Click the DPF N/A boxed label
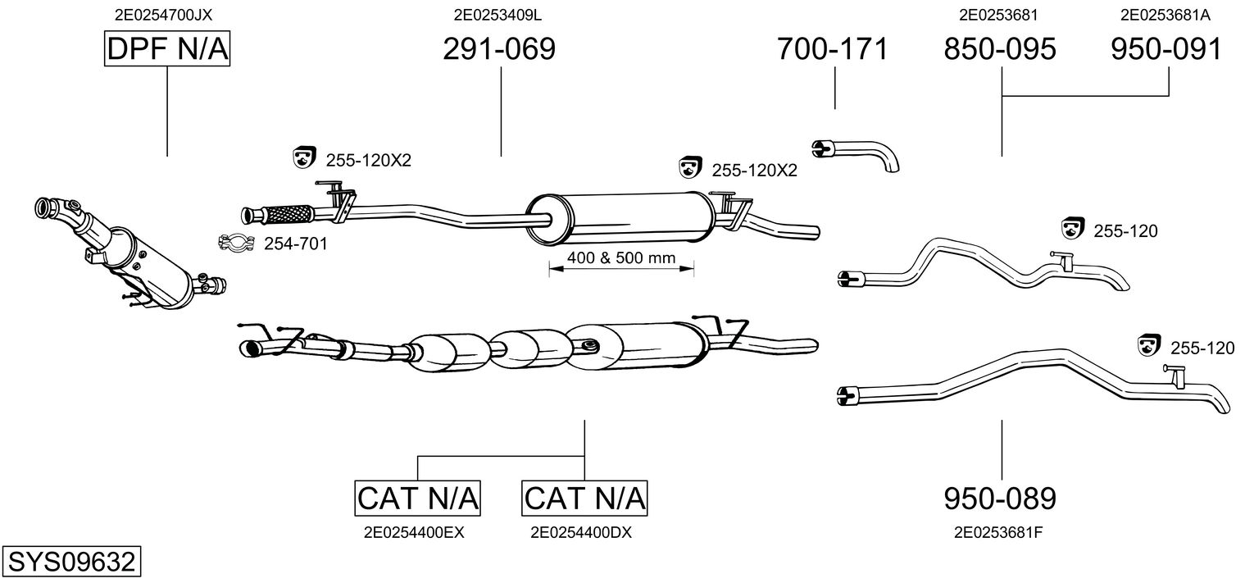[x=167, y=50]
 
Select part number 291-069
[x=499, y=49]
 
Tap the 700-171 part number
[x=833, y=49]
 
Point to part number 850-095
[x=1000, y=49]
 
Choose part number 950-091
[x=1166, y=49]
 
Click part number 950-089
[x=1000, y=498]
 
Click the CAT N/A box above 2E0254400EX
[x=418, y=498]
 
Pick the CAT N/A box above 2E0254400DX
[x=584, y=498]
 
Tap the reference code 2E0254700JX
[x=167, y=14]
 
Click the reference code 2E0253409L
[x=499, y=14]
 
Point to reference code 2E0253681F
[x=998, y=532]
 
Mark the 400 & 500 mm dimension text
[x=620, y=258]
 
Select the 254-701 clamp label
[x=295, y=244]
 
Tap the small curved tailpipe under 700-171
[x=856, y=153]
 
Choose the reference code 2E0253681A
[x=1165, y=14]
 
